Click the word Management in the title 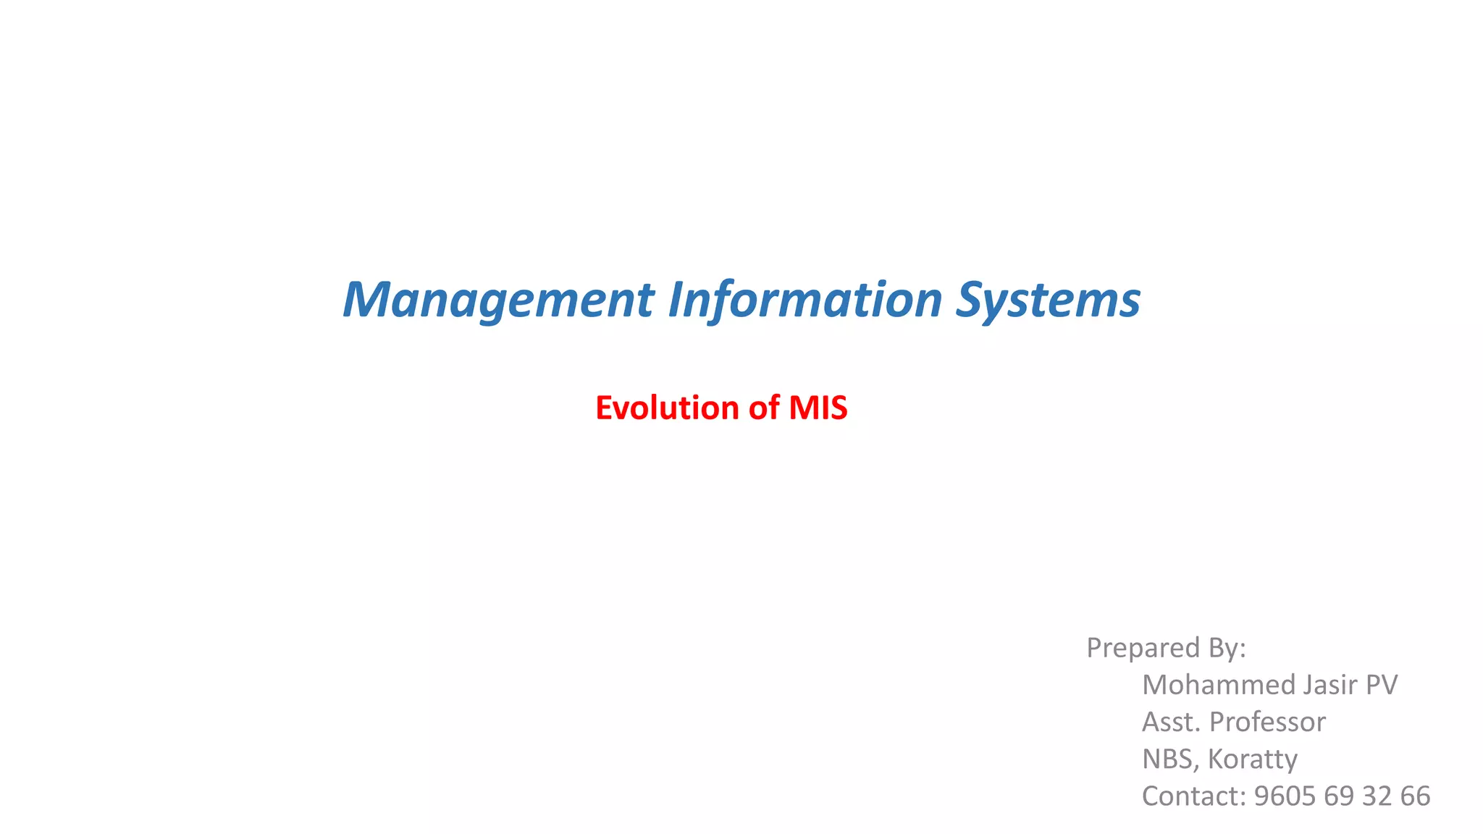pos(498,300)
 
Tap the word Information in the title pos(804,300)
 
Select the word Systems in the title pos(1048,300)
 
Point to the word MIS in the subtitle pos(818,408)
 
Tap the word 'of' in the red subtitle pos(763,408)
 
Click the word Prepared pos(1143,648)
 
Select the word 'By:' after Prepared pos(1227,648)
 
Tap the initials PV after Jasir pos(1381,685)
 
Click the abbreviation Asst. pos(1171,722)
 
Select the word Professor pos(1267,723)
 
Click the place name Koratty pos(1253,759)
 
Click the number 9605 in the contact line pos(1285,796)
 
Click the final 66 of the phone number pos(1415,796)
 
